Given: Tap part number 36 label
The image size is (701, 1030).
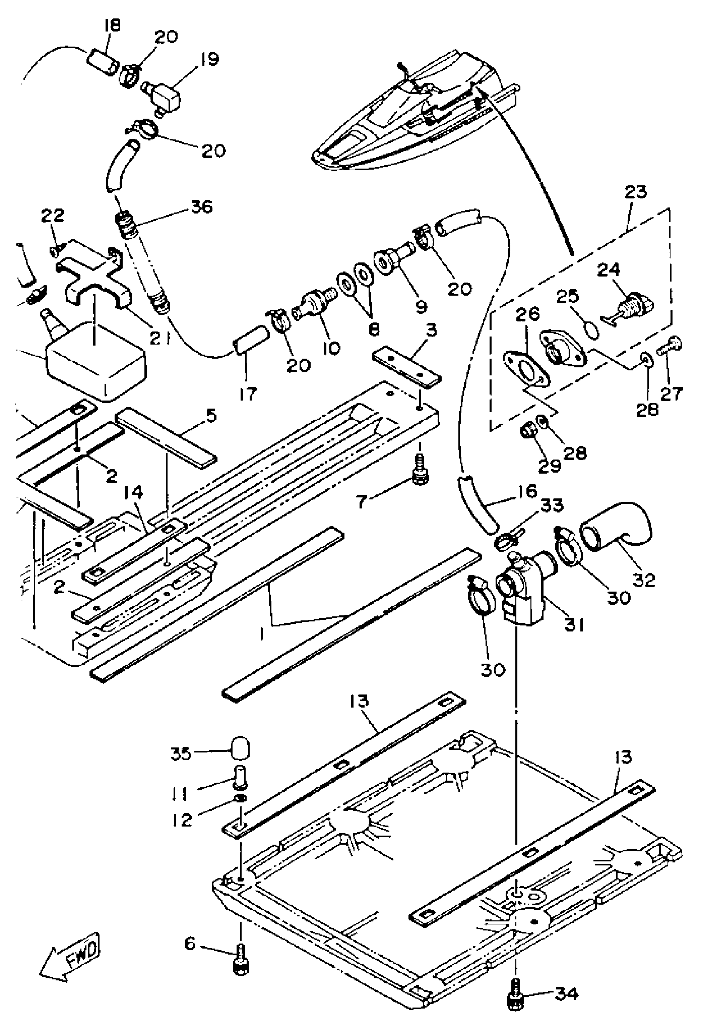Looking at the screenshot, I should (202, 207).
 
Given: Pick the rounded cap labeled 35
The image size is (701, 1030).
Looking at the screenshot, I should (240, 748).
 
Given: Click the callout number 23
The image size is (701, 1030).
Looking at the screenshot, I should (636, 192).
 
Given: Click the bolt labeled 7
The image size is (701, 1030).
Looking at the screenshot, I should (419, 474).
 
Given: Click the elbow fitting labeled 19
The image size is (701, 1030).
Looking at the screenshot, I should (162, 94).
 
